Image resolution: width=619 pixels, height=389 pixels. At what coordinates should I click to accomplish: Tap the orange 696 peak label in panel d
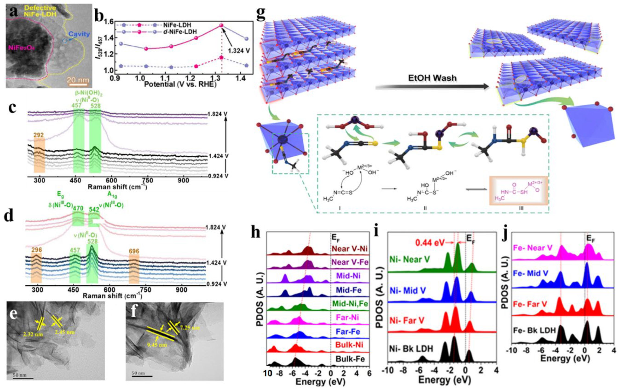[134, 250]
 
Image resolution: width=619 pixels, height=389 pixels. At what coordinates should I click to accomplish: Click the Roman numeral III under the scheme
[521, 208]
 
